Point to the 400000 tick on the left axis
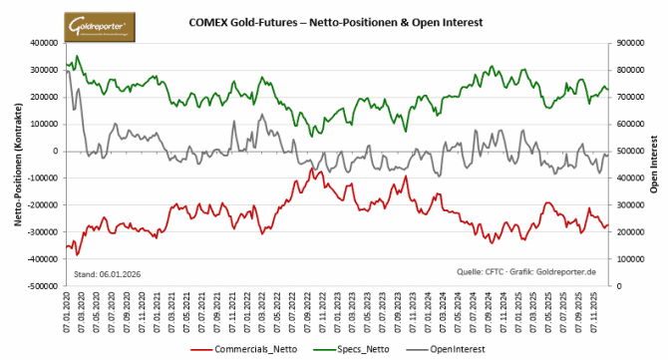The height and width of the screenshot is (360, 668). (x=43, y=43)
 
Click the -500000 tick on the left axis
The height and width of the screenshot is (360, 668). (x=41, y=286)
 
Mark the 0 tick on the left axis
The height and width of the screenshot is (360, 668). (x=56, y=152)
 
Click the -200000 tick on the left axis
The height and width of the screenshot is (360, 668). (x=41, y=205)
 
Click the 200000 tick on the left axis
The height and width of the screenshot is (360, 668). (x=43, y=98)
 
